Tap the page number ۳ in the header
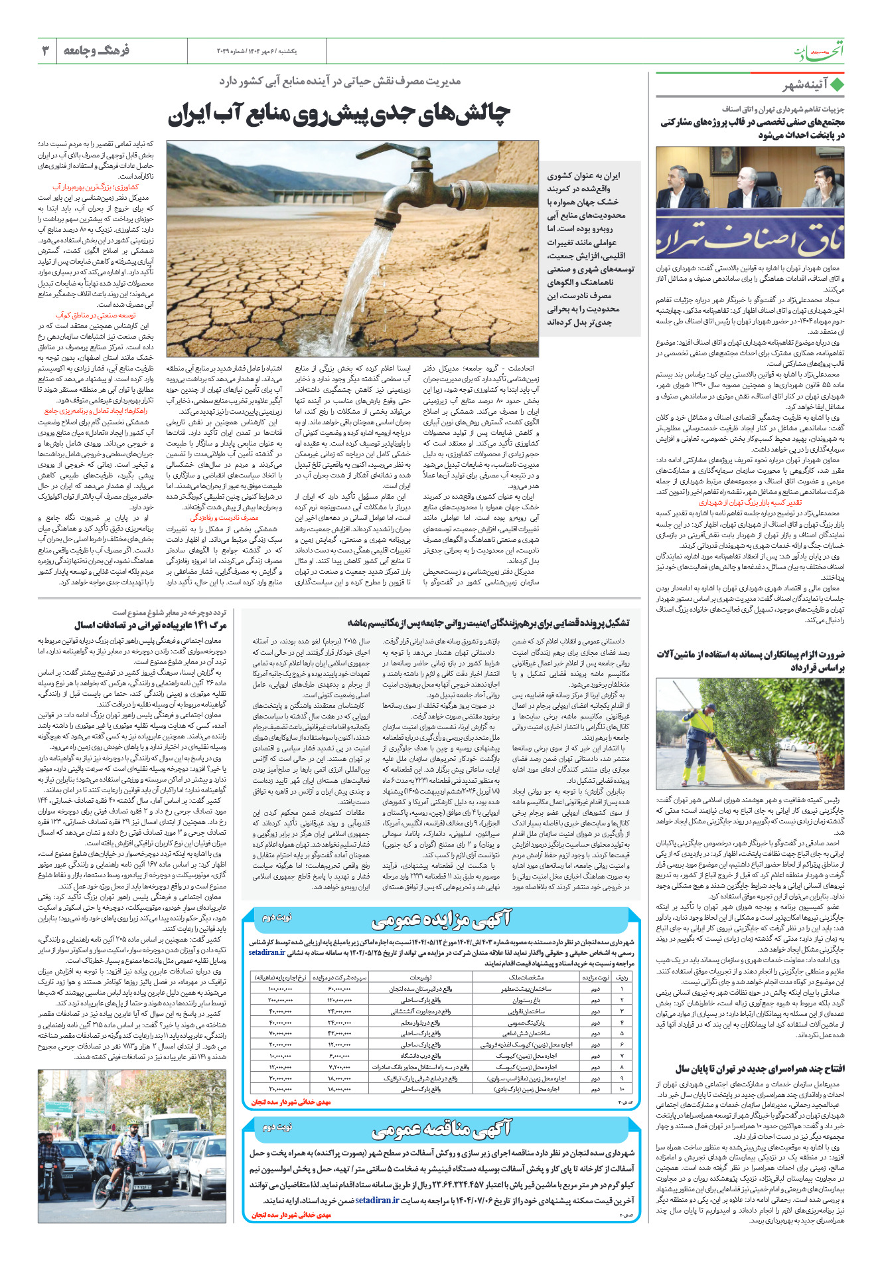point(45,50)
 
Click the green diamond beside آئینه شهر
point(838,85)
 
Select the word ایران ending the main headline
point(188,114)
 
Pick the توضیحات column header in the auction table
point(421,977)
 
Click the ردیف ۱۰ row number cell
point(622,1089)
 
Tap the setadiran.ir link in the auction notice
point(267,952)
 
